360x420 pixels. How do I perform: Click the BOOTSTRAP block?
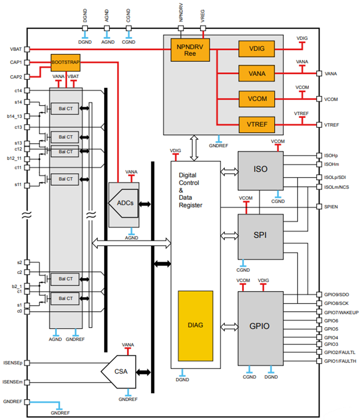click(65, 63)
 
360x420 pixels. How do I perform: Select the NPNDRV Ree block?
click(190, 50)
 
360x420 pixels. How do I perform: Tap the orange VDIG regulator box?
click(257, 49)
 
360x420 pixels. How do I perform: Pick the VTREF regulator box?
click(257, 124)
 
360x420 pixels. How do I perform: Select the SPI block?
click(260, 235)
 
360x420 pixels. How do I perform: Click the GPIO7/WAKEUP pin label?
click(341, 312)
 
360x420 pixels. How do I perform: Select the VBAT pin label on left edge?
click(16, 49)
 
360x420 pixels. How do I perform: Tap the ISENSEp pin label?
click(13, 363)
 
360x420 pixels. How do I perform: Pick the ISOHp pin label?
click(331, 156)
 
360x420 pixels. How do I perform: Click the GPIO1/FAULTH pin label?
click(340, 361)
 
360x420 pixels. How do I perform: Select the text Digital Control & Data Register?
click(190, 190)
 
